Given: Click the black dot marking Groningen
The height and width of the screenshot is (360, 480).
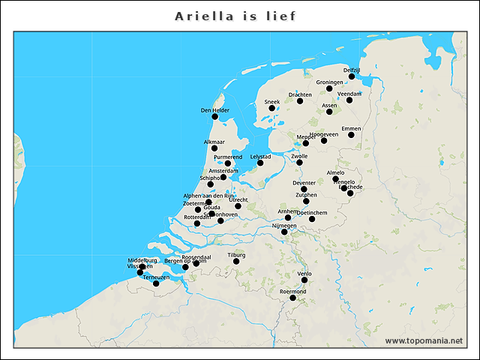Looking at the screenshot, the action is [x=329, y=88].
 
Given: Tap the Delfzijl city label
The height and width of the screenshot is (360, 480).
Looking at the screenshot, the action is [x=352, y=70].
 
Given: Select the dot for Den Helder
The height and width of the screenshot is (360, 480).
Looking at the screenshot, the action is [x=215, y=116].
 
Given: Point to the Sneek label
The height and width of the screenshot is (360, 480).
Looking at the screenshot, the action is [x=271, y=101].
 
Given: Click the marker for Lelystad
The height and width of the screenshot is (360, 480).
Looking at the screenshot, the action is [x=260, y=163].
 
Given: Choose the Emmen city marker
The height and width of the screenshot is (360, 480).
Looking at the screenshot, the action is [x=351, y=135].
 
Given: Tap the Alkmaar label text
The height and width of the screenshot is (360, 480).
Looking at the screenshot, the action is [x=214, y=142].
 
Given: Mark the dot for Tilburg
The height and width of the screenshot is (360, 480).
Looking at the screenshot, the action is [x=236, y=261].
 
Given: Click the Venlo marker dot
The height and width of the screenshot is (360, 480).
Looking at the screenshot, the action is [x=304, y=280].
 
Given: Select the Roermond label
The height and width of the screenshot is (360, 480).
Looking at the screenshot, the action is [x=292, y=291].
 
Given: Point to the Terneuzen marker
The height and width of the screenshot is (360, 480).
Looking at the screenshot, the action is [x=156, y=283].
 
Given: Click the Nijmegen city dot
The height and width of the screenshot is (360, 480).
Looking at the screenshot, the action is [x=284, y=232].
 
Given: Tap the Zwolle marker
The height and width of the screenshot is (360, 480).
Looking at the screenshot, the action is [x=299, y=163].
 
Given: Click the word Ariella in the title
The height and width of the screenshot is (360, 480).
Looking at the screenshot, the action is [x=202, y=16].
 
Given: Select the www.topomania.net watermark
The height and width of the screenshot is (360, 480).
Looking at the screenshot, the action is [x=424, y=340].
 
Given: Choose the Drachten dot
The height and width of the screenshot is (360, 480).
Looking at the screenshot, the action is [x=300, y=101].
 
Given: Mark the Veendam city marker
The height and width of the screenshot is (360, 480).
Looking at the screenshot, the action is [x=349, y=100].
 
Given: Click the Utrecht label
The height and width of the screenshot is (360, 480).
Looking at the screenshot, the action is [x=238, y=200].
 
